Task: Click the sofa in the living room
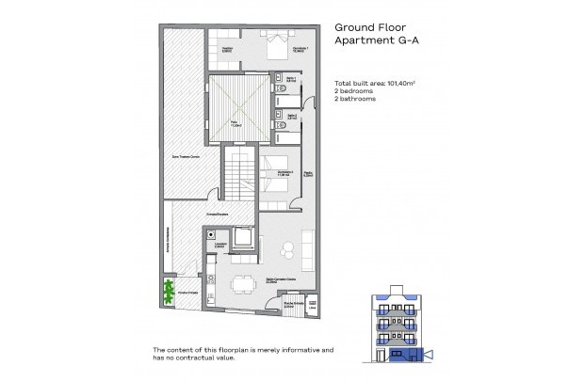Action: (x=307, y=247)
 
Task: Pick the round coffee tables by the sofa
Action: (x=290, y=247)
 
